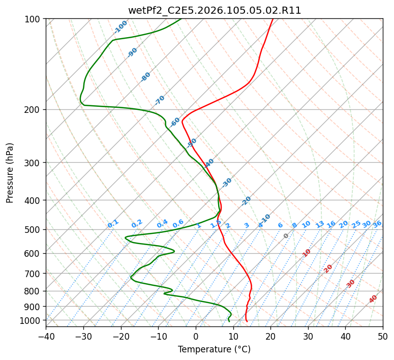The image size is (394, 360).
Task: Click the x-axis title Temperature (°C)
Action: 214,349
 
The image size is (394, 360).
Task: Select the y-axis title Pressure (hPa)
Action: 10,173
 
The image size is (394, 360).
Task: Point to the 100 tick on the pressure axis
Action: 34,19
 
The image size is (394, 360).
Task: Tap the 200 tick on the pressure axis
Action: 34,110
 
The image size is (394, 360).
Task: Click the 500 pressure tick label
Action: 34,230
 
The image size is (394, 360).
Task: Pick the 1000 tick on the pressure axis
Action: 32,320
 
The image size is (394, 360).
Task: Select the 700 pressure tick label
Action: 34,274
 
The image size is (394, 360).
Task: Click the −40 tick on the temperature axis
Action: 46,336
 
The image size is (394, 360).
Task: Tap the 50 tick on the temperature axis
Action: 383,336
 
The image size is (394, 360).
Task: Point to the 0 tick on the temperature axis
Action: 196,336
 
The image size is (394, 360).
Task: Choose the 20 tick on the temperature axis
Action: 270,336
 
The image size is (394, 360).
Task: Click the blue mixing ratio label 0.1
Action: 113,224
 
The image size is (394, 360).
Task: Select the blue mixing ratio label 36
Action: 377,224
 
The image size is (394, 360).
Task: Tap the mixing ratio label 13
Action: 320,224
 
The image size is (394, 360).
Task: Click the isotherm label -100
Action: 121,27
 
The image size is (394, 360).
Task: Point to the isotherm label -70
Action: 160,100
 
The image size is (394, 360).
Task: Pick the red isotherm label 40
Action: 373,299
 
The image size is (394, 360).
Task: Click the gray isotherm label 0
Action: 286,236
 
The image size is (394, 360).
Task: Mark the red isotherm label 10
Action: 307,253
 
